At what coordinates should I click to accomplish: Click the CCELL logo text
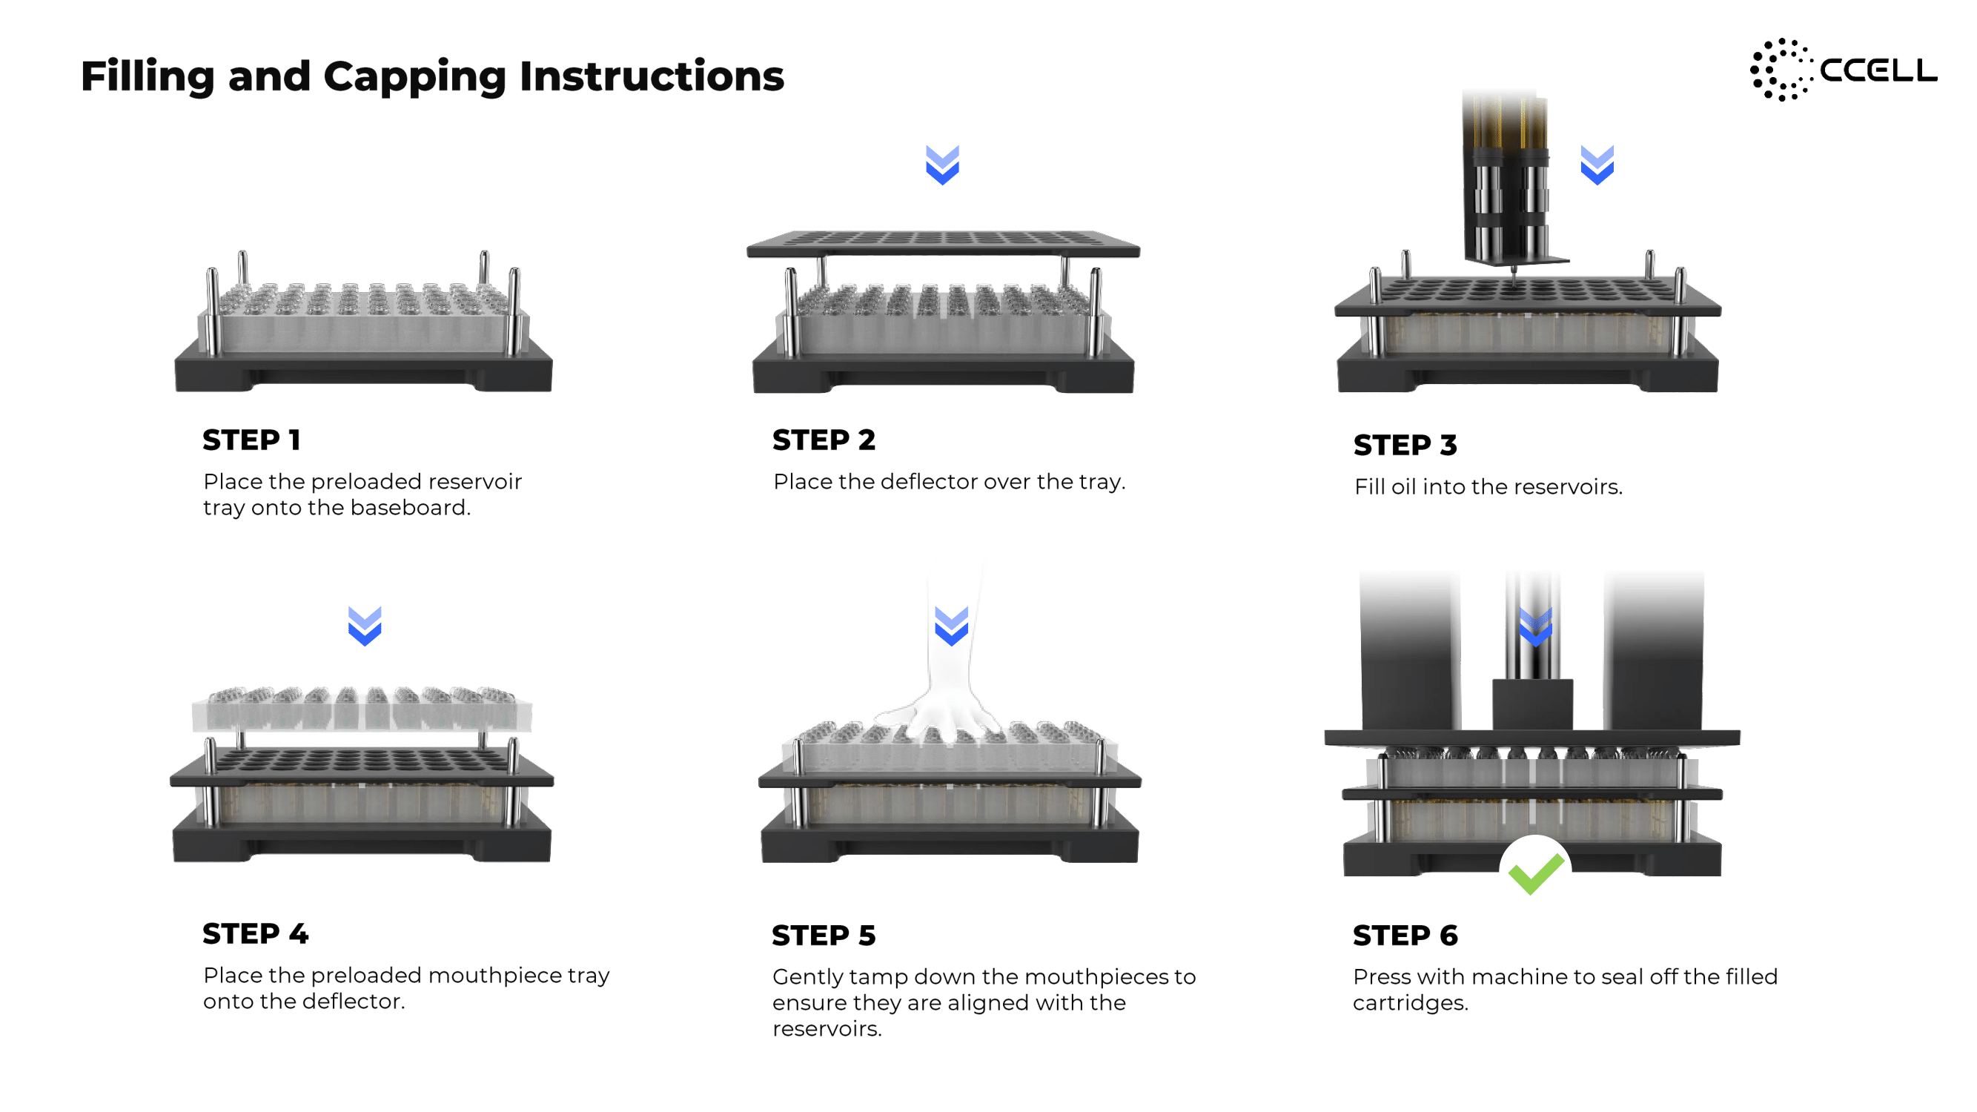[x=1878, y=70]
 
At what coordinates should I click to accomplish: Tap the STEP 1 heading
[x=252, y=440]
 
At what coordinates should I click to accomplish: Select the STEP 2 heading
[x=824, y=440]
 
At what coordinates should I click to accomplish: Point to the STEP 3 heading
[x=1405, y=444]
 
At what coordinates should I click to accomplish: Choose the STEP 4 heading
[x=256, y=933]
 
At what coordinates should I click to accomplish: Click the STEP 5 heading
[x=824, y=935]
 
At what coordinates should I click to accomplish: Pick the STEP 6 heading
[x=1405, y=935]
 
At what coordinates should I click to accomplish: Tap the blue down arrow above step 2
[x=942, y=165]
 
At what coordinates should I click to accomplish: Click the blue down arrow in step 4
[x=365, y=626]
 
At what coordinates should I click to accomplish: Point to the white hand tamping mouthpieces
[x=944, y=675]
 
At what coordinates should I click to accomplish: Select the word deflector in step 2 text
[x=928, y=481]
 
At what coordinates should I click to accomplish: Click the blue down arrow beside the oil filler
[x=1597, y=165]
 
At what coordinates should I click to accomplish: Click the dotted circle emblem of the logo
[x=1781, y=70]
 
